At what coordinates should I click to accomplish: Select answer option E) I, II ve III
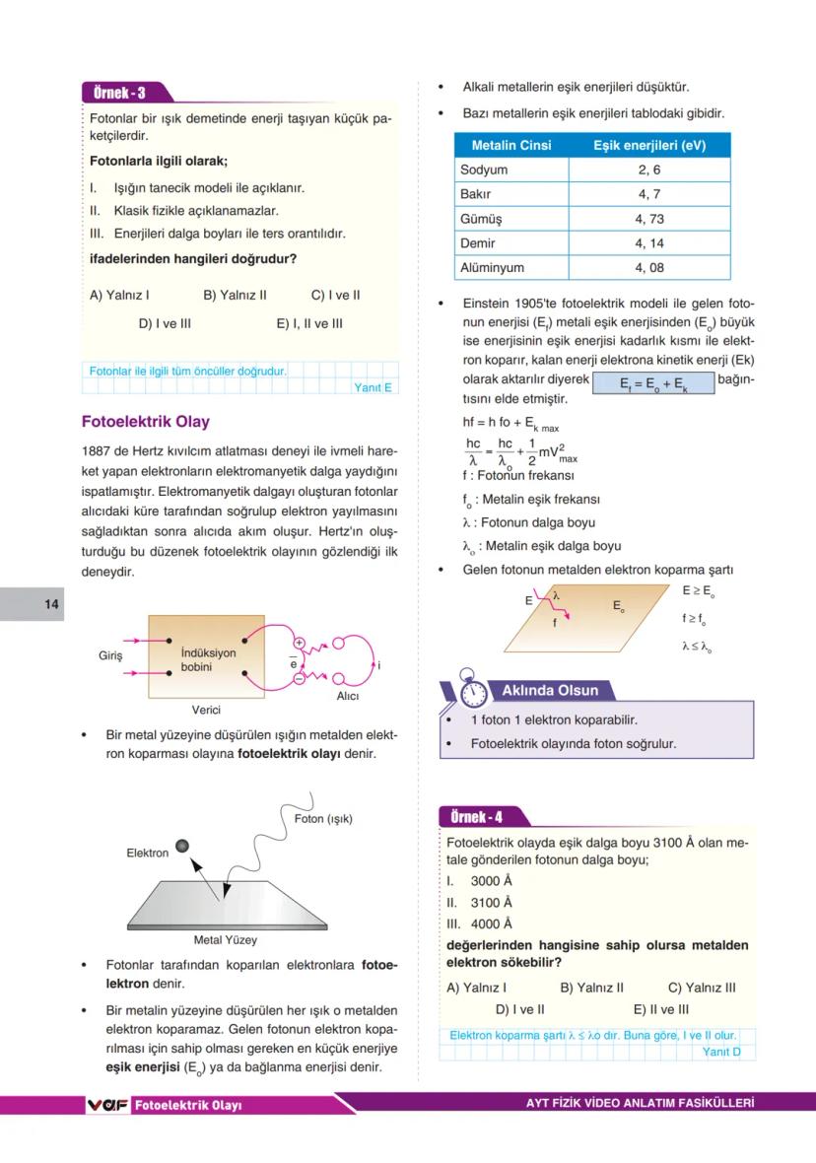(x=309, y=322)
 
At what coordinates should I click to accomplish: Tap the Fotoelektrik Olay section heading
(x=145, y=422)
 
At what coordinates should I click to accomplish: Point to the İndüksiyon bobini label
(x=208, y=660)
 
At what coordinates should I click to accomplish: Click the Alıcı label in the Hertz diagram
(x=347, y=696)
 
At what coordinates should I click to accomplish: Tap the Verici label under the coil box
(x=206, y=710)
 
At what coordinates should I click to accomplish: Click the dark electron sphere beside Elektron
(x=182, y=846)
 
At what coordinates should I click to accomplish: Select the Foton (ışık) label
(x=323, y=819)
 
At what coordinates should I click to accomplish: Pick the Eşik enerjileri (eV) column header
(x=649, y=146)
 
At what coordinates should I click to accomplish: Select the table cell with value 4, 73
(x=649, y=219)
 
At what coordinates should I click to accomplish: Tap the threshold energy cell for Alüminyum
(x=649, y=268)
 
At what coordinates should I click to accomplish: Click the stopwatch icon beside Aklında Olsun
(x=472, y=691)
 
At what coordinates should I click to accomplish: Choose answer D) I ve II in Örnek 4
(x=519, y=1009)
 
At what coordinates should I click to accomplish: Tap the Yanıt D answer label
(x=722, y=1052)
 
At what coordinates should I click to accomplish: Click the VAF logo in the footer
(x=107, y=1105)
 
